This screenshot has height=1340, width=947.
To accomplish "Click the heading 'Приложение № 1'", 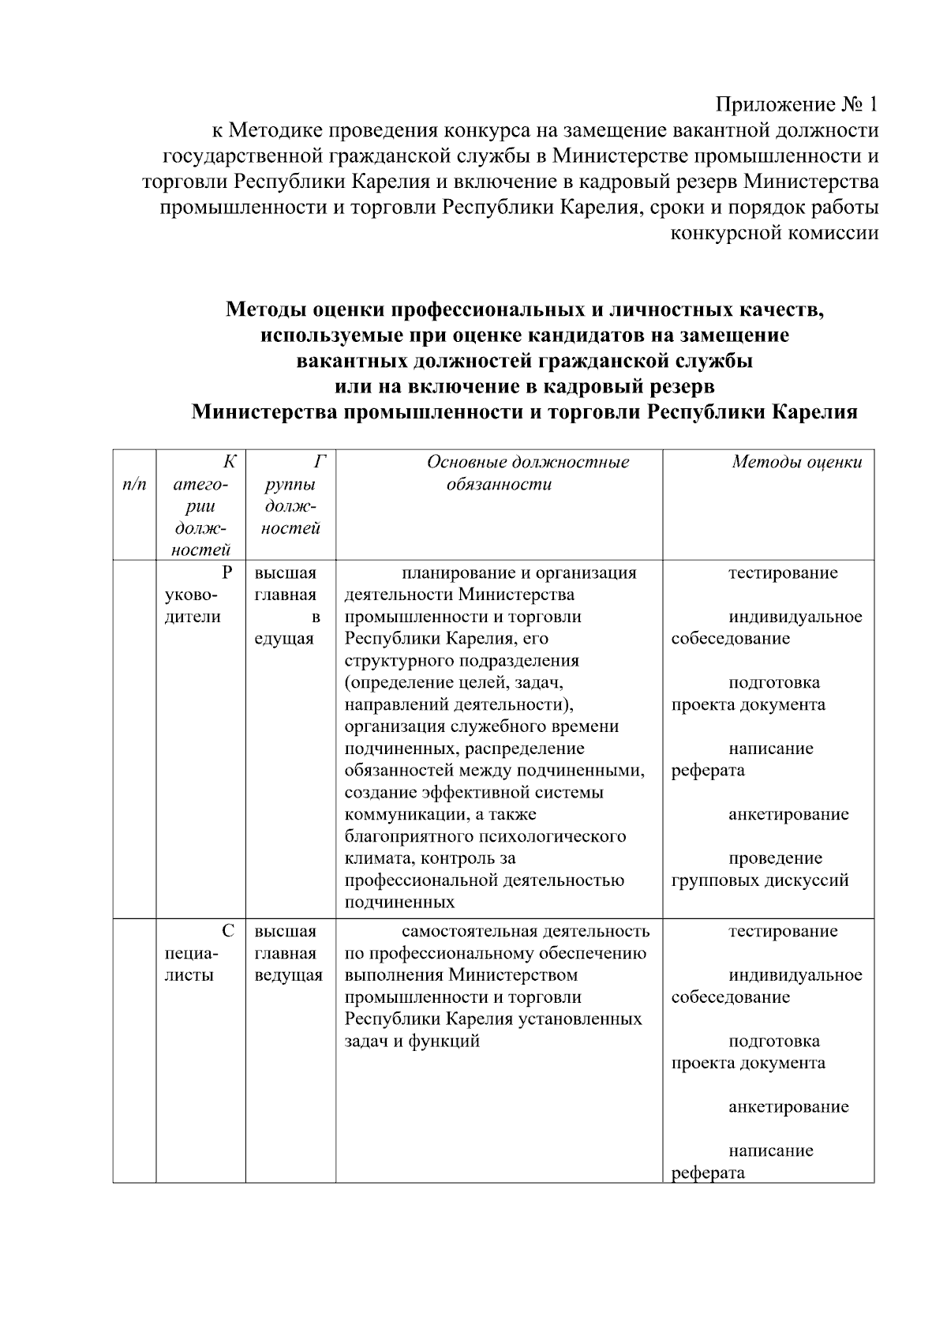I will tap(796, 104).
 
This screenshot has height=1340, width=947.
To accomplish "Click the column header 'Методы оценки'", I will tap(796, 463).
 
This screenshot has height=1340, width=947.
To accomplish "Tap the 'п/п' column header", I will tap(134, 484).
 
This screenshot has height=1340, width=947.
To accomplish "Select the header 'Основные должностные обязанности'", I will tap(527, 473).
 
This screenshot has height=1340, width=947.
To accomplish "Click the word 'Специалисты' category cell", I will tap(196, 953).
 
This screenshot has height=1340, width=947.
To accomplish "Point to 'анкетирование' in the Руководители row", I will tap(788, 814).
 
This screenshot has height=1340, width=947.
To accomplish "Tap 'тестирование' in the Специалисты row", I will tap(782, 931).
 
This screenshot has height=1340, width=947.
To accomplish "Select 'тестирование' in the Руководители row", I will tap(782, 572).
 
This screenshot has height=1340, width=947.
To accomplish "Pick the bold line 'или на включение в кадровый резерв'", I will tap(524, 387).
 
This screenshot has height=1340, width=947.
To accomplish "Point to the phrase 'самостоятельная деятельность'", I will tap(526, 931).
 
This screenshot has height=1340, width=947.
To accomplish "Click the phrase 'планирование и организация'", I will tap(518, 572).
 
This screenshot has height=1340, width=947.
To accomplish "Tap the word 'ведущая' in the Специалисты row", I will tap(288, 975).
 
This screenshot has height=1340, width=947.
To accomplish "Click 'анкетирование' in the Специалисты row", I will tap(788, 1106).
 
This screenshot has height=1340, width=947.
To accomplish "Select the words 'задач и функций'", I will tap(412, 1041).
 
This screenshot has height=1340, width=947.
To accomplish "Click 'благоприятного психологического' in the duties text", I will tap(485, 836).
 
